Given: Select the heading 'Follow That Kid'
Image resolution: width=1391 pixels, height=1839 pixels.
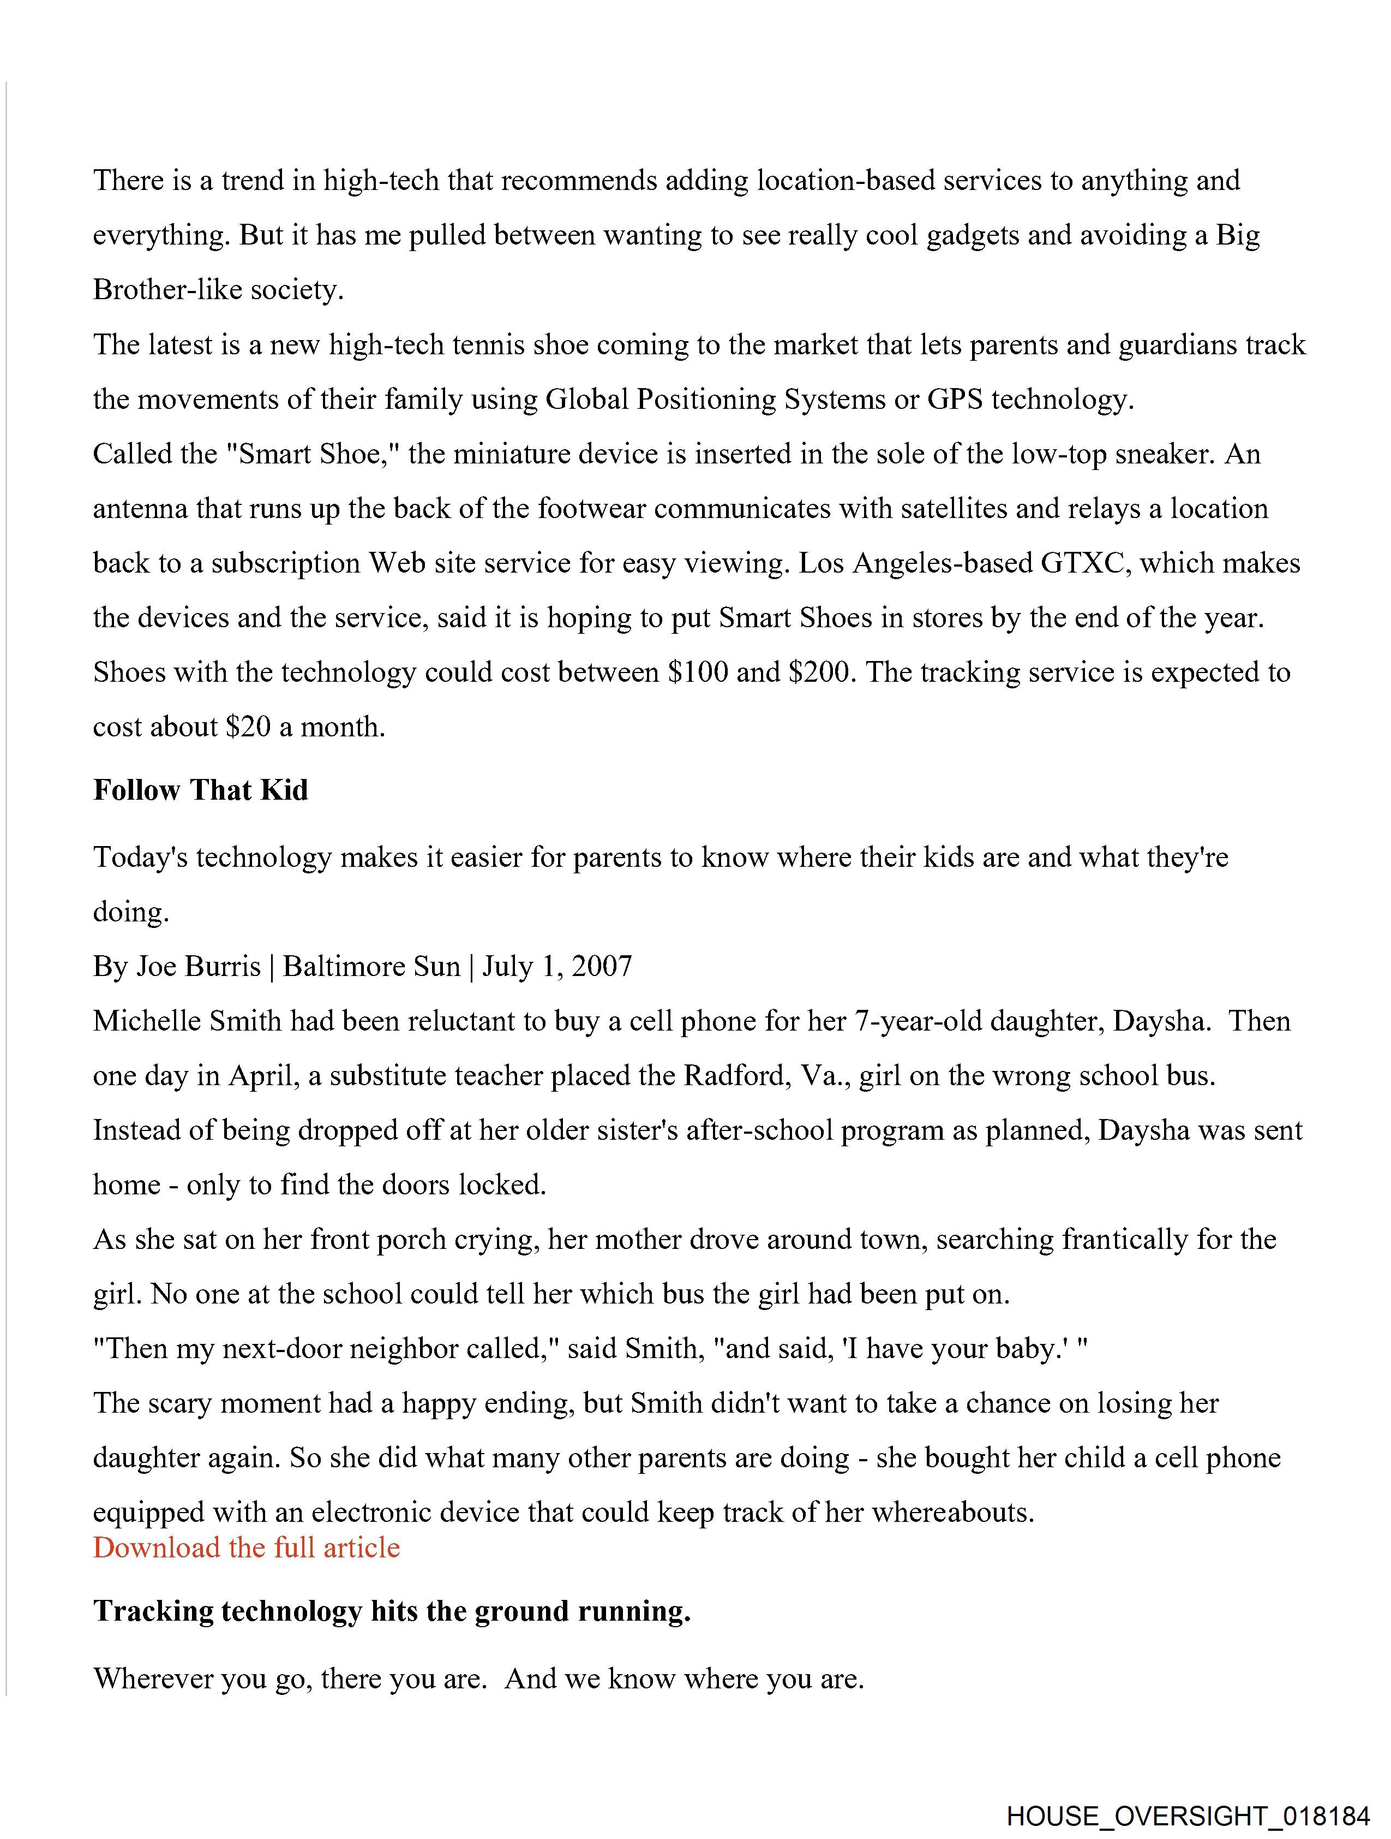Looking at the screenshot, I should pyautogui.click(x=200, y=790).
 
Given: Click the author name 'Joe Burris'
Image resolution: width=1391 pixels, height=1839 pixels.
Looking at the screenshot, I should pyautogui.click(x=198, y=966).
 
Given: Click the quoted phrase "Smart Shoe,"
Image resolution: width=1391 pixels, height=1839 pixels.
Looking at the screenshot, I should pyautogui.click(x=313, y=454).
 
